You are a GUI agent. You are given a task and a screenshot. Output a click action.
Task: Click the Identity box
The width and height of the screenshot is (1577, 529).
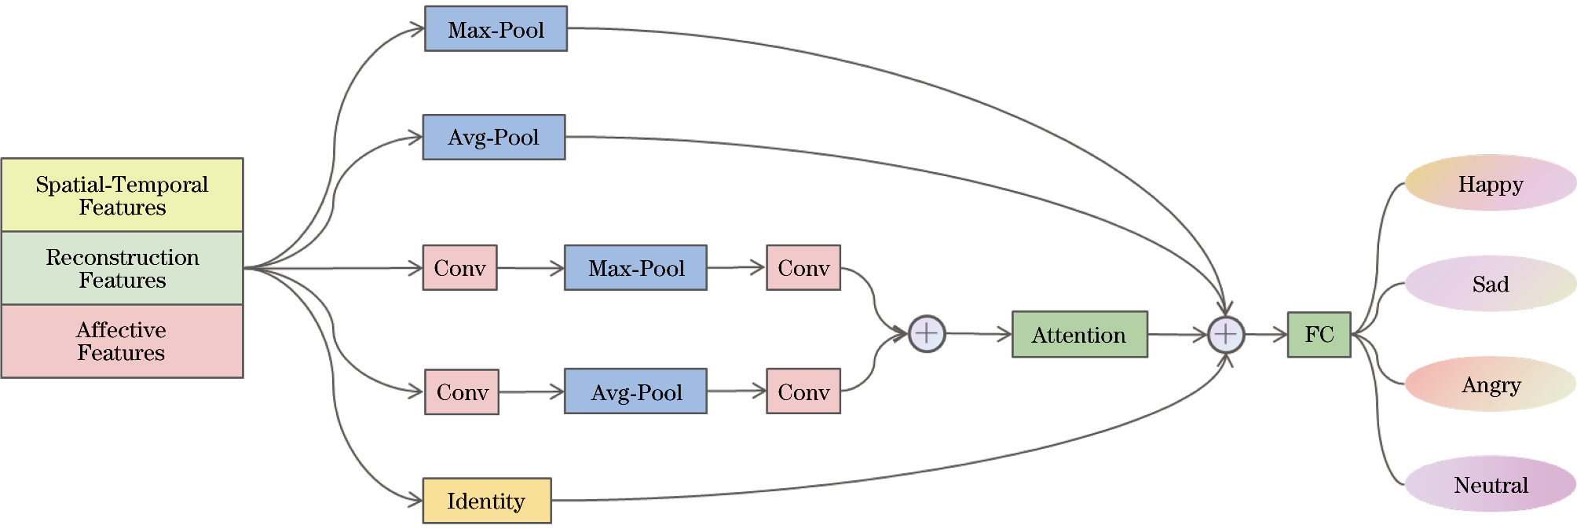(487, 501)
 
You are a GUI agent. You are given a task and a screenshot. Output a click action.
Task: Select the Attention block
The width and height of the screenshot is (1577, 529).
(1079, 335)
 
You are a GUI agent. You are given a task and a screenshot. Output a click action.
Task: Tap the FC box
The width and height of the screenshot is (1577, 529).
(1319, 335)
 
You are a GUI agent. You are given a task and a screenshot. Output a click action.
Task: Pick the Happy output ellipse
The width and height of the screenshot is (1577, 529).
(1490, 183)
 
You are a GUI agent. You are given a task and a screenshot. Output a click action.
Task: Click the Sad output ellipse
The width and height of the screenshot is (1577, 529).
(1490, 284)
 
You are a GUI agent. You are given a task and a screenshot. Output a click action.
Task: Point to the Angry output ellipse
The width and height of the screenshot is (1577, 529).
(1490, 384)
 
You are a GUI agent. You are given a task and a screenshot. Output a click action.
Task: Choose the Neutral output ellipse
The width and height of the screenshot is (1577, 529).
(1490, 484)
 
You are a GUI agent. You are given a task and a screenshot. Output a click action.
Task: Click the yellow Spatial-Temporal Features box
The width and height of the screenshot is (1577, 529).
(122, 195)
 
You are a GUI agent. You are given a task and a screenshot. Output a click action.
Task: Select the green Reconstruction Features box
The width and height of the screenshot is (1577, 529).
(122, 268)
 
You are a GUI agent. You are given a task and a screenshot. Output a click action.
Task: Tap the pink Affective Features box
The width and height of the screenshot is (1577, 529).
(122, 341)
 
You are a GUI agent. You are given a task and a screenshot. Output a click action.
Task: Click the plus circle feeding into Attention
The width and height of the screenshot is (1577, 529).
(927, 334)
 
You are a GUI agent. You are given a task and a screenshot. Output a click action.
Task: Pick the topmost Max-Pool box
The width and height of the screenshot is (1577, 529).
(496, 29)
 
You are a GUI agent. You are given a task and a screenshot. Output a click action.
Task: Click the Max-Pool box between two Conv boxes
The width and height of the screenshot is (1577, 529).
(635, 268)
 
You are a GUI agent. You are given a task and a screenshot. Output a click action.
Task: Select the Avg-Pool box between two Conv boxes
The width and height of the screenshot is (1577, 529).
(635, 391)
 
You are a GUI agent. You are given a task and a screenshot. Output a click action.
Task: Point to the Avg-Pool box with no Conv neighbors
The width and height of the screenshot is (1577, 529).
(493, 138)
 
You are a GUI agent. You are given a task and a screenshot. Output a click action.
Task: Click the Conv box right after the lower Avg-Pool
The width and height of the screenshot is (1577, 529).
(803, 391)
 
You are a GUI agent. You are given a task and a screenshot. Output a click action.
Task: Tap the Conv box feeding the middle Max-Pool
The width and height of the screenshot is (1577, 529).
(459, 268)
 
